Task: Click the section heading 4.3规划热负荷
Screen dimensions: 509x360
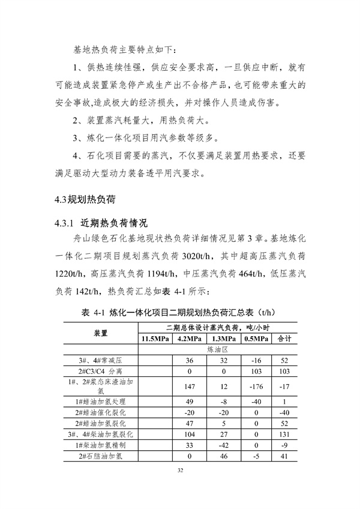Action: click(x=82, y=199)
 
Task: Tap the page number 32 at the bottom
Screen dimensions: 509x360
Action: click(x=179, y=470)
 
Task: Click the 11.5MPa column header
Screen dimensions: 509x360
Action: click(x=155, y=339)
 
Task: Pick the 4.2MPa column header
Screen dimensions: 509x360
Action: click(x=188, y=339)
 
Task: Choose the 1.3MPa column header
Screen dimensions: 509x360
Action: click(x=221, y=339)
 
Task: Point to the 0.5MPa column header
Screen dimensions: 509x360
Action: click(x=254, y=339)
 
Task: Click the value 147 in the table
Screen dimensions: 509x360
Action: click(x=188, y=387)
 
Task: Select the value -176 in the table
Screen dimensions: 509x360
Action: click(x=254, y=387)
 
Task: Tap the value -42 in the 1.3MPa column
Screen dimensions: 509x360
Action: click(x=221, y=445)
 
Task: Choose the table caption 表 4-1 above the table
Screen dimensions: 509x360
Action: click(x=92, y=312)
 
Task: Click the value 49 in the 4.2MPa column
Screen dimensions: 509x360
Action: click(x=188, y=401)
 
